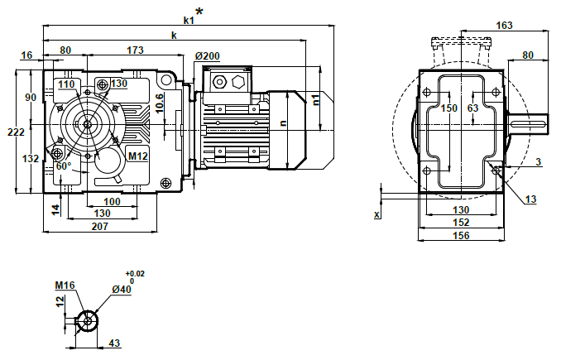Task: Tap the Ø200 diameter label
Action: pos(207,56)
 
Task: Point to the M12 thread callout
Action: pos(137,155)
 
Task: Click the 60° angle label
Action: pos(65,166)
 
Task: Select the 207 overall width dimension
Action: pos(100,226)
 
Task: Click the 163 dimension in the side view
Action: pos(504,26)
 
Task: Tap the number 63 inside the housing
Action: pos(473,108)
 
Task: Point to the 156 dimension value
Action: pos(462,236)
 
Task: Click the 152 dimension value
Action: pos(462,223)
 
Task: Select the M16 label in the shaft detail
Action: pos(65,286)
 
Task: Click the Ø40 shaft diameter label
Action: pos(121,289)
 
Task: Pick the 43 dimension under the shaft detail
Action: pos(115,343)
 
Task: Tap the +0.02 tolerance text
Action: pos(134,273)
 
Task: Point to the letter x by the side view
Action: pos(376,214)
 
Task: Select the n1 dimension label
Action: pos(317,99)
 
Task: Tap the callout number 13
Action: pos(530,199)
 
